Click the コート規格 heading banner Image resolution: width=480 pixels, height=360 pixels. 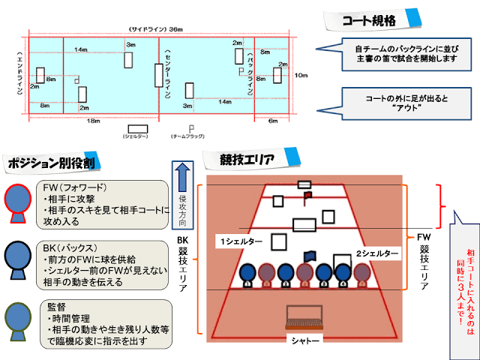(369, 20)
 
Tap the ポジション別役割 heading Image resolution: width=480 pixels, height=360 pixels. (50, 163)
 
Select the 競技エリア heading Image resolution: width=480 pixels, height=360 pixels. (247, 159)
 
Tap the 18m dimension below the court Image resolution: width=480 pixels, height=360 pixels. (93, 120)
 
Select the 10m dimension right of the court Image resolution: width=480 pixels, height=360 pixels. (301, 75)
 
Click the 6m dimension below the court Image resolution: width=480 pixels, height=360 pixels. (271, 120)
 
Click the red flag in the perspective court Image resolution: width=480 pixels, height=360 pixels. (307, 196)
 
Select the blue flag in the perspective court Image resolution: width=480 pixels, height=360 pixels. (310, 256)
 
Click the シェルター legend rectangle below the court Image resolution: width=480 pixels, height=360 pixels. (136, 128)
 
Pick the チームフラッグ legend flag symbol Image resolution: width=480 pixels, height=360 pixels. (191, 128)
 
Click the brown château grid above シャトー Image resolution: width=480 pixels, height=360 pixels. (304, 318)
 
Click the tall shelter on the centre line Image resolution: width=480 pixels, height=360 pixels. (158, 75)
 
